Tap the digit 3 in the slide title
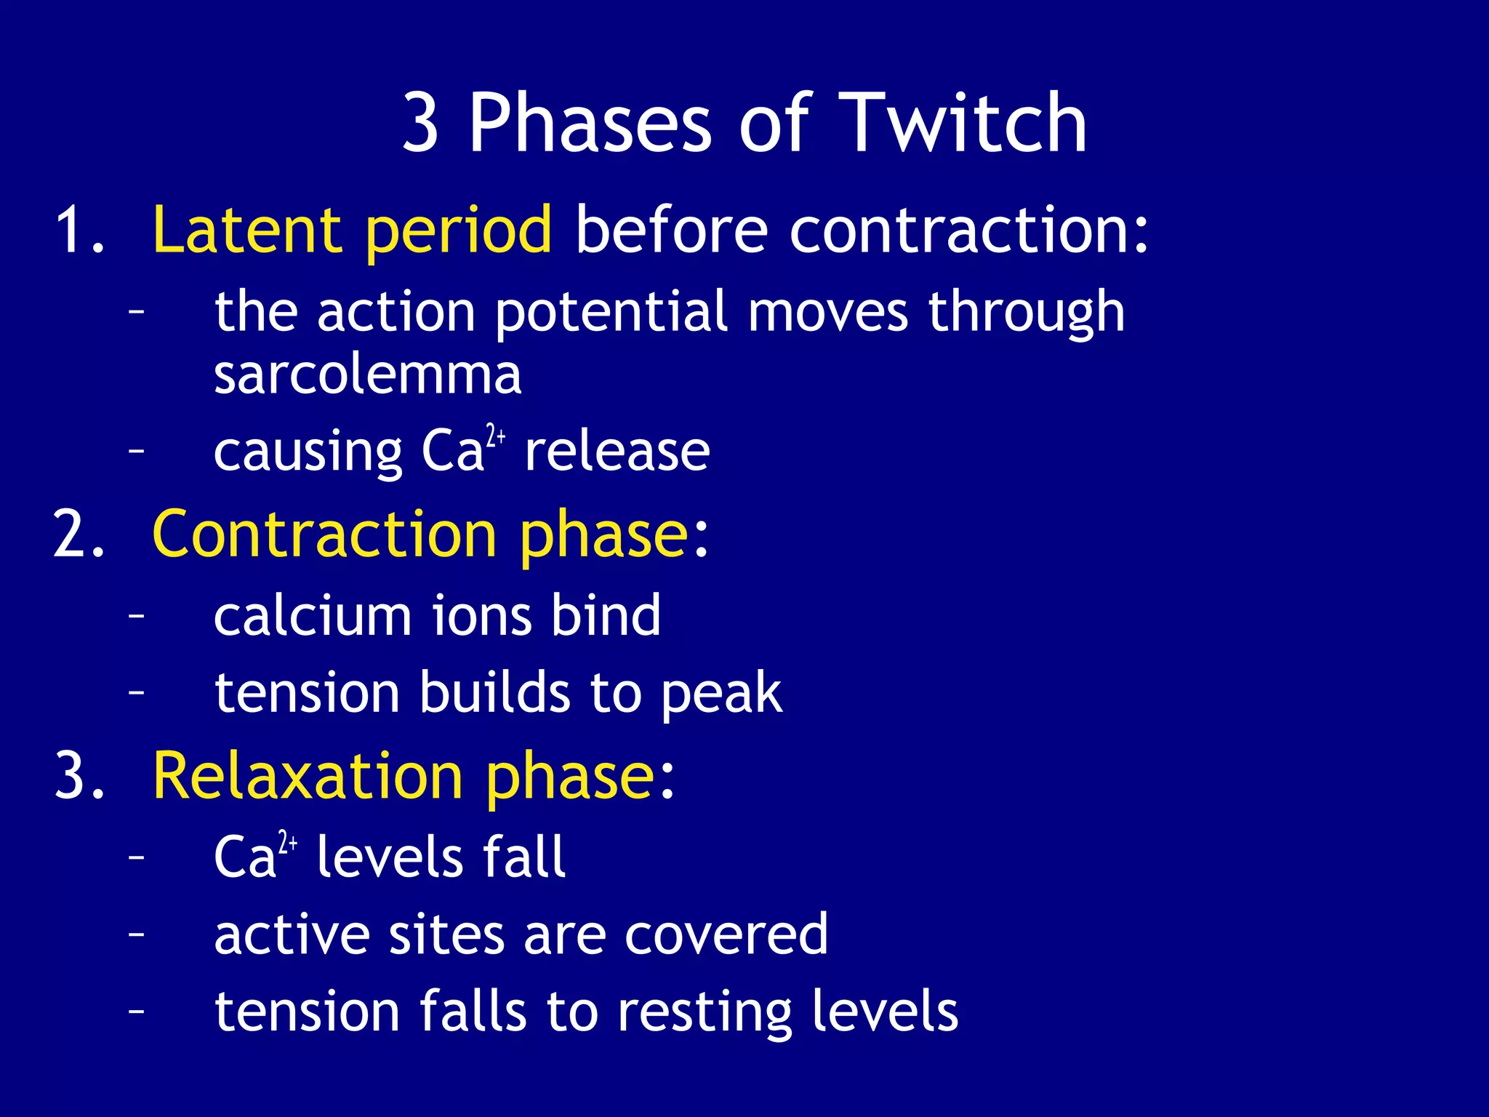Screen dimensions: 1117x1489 tap(420, 124)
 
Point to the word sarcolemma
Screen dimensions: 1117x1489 tap(368, 375)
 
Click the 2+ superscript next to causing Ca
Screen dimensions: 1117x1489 tap(496, 436)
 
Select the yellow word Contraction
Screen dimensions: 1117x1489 tap(324, 534)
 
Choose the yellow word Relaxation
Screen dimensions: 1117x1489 tap(308, 776)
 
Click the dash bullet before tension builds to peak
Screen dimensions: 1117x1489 tap(136, 692)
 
